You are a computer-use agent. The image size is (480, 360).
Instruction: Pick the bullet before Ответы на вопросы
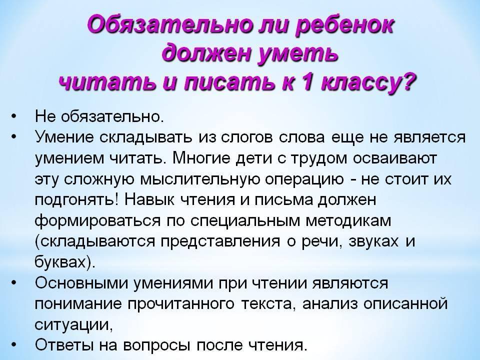pyautogui.click(x=13, y=345)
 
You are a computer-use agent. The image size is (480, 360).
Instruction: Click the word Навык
pyautogui.click(x=149, y=200)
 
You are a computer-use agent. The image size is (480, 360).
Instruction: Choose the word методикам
pyautogui.click(x=349, y=221)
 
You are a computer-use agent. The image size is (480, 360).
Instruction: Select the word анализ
pyautogui.click(x=330, y=304)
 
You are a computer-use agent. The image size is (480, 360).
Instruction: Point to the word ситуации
pyautogui.click(x=71, y=325)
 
